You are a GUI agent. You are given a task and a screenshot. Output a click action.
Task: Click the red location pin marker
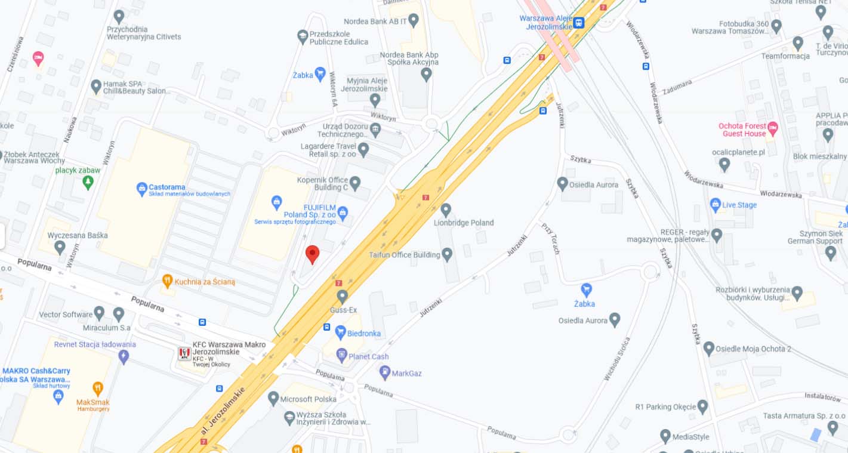point(312,254)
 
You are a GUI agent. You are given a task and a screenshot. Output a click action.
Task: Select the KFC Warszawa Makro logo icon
point(184,353)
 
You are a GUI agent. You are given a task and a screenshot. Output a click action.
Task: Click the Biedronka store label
point(363,333)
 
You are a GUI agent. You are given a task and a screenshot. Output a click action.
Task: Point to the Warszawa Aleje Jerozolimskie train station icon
point(578,23)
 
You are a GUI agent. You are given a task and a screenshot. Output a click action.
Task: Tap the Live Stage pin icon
point(716,205)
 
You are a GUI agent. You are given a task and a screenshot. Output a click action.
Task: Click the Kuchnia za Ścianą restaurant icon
point(168,281)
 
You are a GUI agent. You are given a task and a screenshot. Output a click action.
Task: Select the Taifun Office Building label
point(405,255)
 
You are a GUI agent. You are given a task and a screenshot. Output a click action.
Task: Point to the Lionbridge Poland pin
point(446,209)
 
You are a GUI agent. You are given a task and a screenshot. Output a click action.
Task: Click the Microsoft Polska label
point(308,399)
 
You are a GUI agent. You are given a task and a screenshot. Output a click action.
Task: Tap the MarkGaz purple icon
point(385,372)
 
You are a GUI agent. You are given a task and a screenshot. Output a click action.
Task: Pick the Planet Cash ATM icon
point(341,356)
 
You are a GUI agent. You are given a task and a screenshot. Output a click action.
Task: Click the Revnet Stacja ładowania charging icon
point(124,357)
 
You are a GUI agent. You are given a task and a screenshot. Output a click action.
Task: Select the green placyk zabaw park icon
point(88,182)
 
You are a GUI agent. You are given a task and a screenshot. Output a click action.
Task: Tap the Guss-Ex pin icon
point(342,295)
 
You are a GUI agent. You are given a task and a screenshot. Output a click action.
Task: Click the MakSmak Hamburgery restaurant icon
point(98,389)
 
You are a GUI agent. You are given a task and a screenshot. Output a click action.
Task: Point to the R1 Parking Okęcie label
point(665,407)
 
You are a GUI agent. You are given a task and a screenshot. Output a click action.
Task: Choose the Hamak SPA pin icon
point(96,87)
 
